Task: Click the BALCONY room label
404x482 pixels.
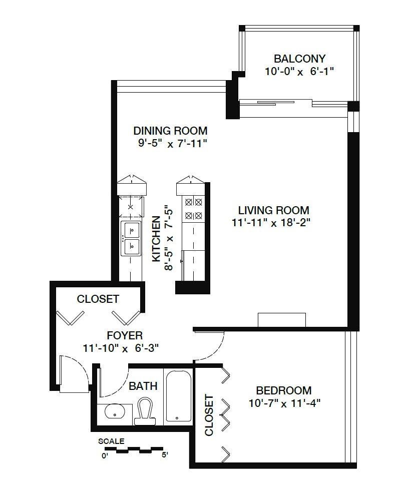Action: [299, 59]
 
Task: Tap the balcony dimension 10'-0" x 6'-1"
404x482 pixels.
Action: [299, 72]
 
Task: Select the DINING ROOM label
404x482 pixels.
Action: [170, 131]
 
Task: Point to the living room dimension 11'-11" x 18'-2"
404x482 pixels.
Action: [271, 222]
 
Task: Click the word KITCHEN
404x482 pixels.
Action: [157, 239]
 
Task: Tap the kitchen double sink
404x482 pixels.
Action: [131, 238]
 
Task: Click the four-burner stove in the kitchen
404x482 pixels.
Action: [193, 209]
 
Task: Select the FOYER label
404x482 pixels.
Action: [125, 335]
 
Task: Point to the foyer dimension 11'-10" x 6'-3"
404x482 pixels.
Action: [121, 348]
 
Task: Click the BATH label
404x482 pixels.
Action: [143, 386]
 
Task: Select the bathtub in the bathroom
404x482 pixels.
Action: [179, 396]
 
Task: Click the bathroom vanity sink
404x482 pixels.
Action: [114, 411]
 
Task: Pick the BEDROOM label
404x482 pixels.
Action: [284, 390]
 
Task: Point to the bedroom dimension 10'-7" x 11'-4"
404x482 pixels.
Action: [284, 403]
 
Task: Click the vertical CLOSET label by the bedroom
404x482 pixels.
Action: [209, 415]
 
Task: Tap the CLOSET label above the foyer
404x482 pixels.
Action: [98, 299]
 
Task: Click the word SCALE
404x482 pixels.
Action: [111, 441]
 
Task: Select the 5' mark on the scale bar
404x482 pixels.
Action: [165, 454]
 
